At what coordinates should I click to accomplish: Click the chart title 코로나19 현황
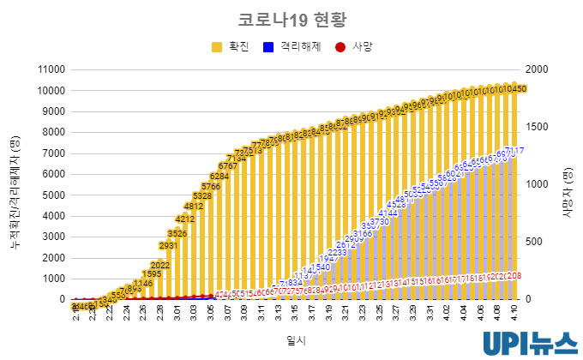click(291, 20)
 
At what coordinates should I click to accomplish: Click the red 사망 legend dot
click(340, 46)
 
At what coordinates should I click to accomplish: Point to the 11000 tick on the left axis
click(50, 69)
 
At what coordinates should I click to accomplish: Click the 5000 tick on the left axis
click(52, 195)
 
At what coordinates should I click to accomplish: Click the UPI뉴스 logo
click(529, 342)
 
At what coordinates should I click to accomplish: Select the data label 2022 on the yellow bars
click(160, 265)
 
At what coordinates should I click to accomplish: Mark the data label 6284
click(219, 177)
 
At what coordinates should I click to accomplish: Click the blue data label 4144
click(388, 213)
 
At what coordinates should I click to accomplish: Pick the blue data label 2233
click(337, 253)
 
